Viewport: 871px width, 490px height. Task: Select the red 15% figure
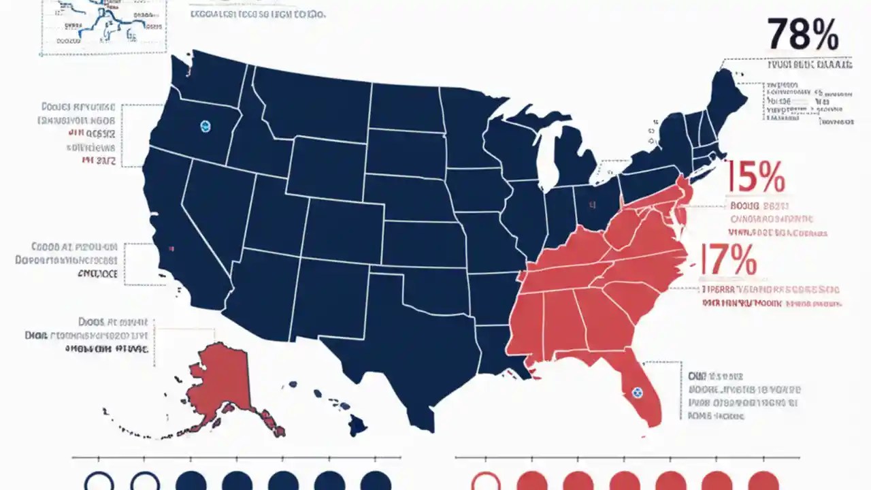click(x=757, y=177)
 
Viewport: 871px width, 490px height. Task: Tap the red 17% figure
click(x=729, y=261)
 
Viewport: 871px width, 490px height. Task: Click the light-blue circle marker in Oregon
click(x=206, y=126)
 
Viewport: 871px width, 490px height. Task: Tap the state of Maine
click(x=725, y=99)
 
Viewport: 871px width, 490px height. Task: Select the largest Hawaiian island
click(x=357, y=426)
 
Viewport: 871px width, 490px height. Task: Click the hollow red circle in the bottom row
click(x=485, y=483)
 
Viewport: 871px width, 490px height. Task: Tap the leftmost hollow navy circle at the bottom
click(x=99, y=483)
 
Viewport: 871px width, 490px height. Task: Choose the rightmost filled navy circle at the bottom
click(x=376, y=483)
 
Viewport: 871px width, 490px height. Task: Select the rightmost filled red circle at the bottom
click(x=763, y=483)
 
